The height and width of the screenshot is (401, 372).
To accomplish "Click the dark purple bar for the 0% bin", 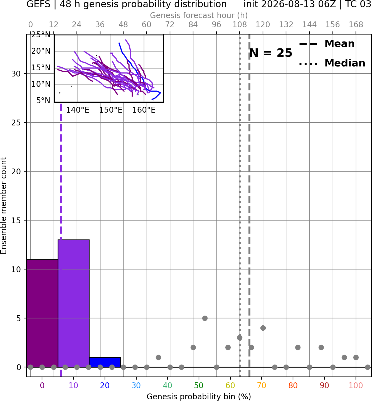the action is (42, 313).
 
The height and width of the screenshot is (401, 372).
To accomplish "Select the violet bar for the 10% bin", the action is (73, 303).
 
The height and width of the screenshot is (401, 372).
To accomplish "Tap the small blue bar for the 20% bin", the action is (105, 362).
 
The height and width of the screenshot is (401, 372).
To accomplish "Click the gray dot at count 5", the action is (205, 318).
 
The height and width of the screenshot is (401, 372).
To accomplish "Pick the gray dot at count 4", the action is (263, 328).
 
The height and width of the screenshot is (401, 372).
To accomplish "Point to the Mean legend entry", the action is (327, 44).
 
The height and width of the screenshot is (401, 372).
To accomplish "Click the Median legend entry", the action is (332, 63).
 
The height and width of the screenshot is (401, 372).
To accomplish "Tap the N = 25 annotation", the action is (271, 53).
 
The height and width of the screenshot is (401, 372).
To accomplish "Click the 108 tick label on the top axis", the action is (240, 25).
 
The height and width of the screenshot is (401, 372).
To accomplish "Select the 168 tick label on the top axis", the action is (356, 25).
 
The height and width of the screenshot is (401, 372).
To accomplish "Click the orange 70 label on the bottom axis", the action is (262, 385).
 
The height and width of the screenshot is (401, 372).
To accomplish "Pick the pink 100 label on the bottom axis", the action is (356, 385).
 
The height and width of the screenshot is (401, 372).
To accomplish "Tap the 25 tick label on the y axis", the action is (16, 123).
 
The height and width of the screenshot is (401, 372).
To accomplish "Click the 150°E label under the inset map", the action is (111, 110).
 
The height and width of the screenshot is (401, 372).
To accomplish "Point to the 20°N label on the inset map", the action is (41, 51).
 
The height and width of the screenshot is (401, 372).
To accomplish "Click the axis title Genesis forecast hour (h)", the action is (199, 15).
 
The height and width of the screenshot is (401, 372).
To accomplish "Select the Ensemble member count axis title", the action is (3, 206).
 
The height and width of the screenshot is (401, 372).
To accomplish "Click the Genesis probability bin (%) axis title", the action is (199, 397).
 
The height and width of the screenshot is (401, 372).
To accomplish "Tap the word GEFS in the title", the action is (38, 4).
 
